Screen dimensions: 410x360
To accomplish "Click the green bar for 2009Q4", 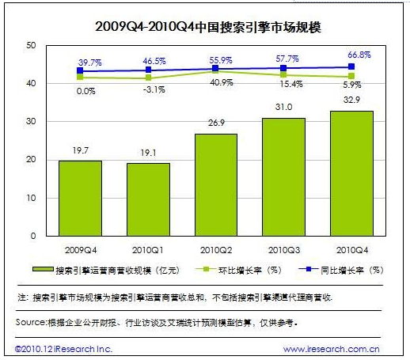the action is click(80, 198).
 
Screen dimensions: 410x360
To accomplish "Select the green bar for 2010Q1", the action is click(148, 199).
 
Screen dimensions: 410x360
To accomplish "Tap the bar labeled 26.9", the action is click(216, 185).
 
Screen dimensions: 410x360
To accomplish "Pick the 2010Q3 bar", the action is click(284, 177).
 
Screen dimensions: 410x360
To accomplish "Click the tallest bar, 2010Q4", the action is click(351, 173).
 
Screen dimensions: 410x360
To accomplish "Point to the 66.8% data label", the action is click(359, 55).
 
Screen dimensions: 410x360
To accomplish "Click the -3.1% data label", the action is click(154, 89).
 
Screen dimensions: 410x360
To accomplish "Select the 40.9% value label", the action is click(222, 82).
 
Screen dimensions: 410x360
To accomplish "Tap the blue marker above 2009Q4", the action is click(80, 70).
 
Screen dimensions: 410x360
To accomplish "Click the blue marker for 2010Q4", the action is click(351, 66).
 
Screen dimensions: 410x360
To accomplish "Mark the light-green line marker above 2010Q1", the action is click(148, 78).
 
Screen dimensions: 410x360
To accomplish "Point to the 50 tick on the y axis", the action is click(31, 45).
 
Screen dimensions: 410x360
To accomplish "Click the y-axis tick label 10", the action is click(31, 198).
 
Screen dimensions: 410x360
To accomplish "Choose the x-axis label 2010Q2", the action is click(216, 250).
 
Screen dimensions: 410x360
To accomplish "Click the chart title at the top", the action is click(208, 27).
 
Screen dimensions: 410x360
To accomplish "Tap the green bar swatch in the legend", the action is click(43, 269).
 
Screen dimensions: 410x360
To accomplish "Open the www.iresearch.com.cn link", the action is click(332, 349).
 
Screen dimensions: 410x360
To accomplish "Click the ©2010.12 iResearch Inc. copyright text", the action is click(63, 349).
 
